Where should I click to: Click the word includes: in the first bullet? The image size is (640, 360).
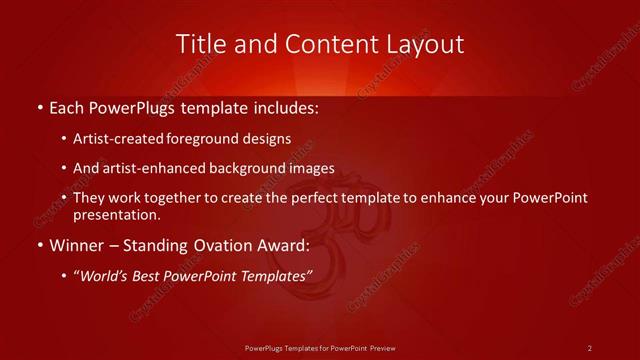(x=287, y=106)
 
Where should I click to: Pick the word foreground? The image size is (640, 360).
(x=208, y=139)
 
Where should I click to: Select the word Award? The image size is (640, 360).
(x=283, y=245)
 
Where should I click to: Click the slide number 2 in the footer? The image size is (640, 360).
(x=590, y=347)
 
